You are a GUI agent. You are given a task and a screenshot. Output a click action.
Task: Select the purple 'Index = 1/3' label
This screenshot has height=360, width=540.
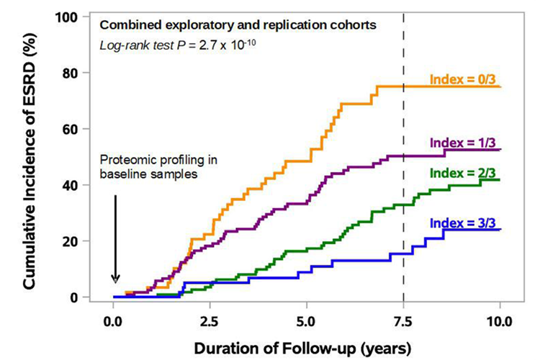point(464,142)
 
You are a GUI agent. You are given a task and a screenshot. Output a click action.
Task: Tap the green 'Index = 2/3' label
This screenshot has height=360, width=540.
point(464,173)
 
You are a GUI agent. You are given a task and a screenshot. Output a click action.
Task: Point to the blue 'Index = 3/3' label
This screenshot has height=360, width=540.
point(464,224)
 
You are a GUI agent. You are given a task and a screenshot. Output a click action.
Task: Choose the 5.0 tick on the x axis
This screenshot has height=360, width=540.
point(307,319)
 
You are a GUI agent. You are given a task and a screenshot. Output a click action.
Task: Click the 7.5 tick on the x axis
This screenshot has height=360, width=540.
point(403,319)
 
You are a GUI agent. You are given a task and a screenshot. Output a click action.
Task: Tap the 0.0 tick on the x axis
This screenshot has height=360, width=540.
point(114,319)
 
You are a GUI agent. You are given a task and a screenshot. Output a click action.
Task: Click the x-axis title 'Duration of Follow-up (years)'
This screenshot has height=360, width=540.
point(308,347)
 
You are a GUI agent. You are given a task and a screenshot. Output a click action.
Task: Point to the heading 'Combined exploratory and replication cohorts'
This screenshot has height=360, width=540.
point(237,25)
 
